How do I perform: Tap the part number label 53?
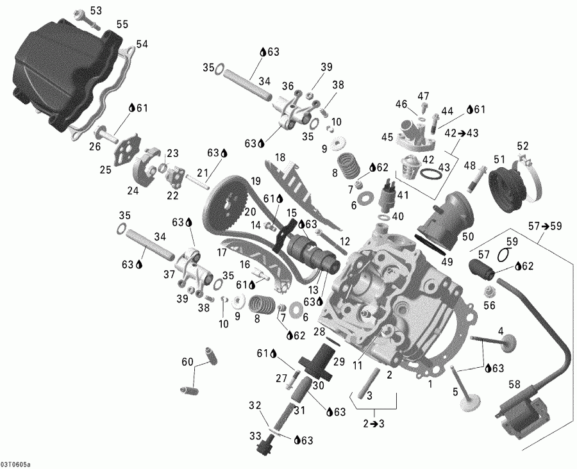click(x=96, y=11)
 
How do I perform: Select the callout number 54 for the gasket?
click(x=142, y=44)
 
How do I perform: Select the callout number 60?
click(x=187, y=363)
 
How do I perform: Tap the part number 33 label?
click(x=256, y=435)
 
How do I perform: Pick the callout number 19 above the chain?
click(x=238, y=181)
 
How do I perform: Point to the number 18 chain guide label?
click(x=280, y=157)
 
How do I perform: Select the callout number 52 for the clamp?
click(x=523, y=145)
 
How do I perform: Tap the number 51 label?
click(x=498, y=158)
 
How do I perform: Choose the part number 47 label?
click(x=423, y=96)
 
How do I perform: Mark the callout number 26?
click(x=95, y=146)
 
